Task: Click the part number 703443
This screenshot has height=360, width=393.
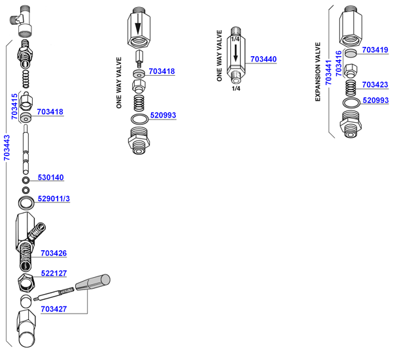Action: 7,148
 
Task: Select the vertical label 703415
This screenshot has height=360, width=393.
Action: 15,106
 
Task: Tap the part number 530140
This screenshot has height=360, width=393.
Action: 50,178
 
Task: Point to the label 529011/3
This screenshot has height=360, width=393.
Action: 54,199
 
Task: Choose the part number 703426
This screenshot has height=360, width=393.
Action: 54,254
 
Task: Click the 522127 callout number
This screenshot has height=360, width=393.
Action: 54,274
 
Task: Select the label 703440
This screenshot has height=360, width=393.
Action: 264,59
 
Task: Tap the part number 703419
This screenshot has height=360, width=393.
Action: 375,50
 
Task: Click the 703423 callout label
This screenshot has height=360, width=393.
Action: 375,84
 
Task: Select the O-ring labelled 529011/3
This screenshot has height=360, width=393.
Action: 27,200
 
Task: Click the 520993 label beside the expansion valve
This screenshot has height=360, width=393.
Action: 375,101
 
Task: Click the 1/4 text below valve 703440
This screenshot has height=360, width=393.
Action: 235,88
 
